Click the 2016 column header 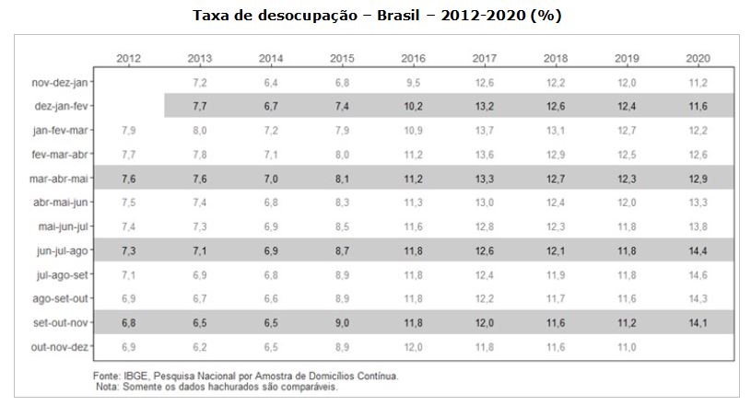[414, 59]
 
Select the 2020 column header [698, 59]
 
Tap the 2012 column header [129, 59]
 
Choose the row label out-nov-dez [61, 347]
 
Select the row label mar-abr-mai [59, 179]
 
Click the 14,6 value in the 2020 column [698, 275]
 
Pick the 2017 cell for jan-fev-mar [485, 131]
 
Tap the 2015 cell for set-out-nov [342, 323]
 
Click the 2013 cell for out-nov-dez [200, 347]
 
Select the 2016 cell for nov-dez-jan [414, 83]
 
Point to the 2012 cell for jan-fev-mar [129, 131]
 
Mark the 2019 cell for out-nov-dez [628, 347]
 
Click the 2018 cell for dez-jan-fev [556, 107]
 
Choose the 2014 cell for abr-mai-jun [271, 203]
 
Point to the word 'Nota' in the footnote [109, 387]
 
